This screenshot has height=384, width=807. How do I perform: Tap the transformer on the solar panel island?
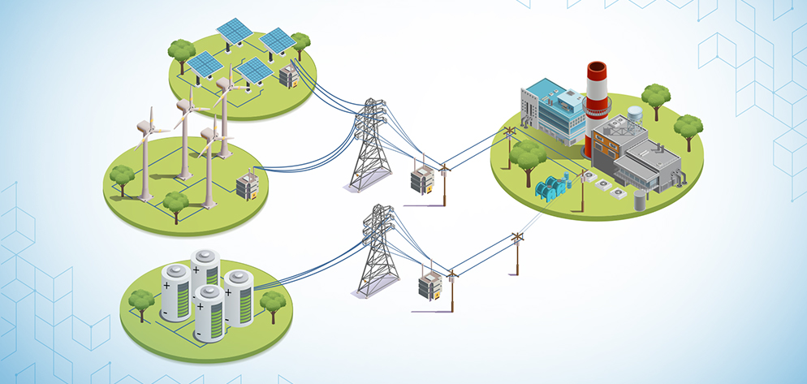pyautogui.click(x=287, y=77)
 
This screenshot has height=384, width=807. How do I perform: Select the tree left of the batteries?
pyautogui.click(x=142, y=301)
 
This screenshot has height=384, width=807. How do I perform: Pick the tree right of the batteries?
pyautogui.click(x=273, y=303)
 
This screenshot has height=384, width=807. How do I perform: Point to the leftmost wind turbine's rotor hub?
pyautogui.click(x=146, y=127)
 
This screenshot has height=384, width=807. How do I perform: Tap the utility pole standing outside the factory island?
pyautogui.click(x=517, y=252)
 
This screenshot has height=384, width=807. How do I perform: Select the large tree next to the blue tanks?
pyautogui.click(x=528, y=154)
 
